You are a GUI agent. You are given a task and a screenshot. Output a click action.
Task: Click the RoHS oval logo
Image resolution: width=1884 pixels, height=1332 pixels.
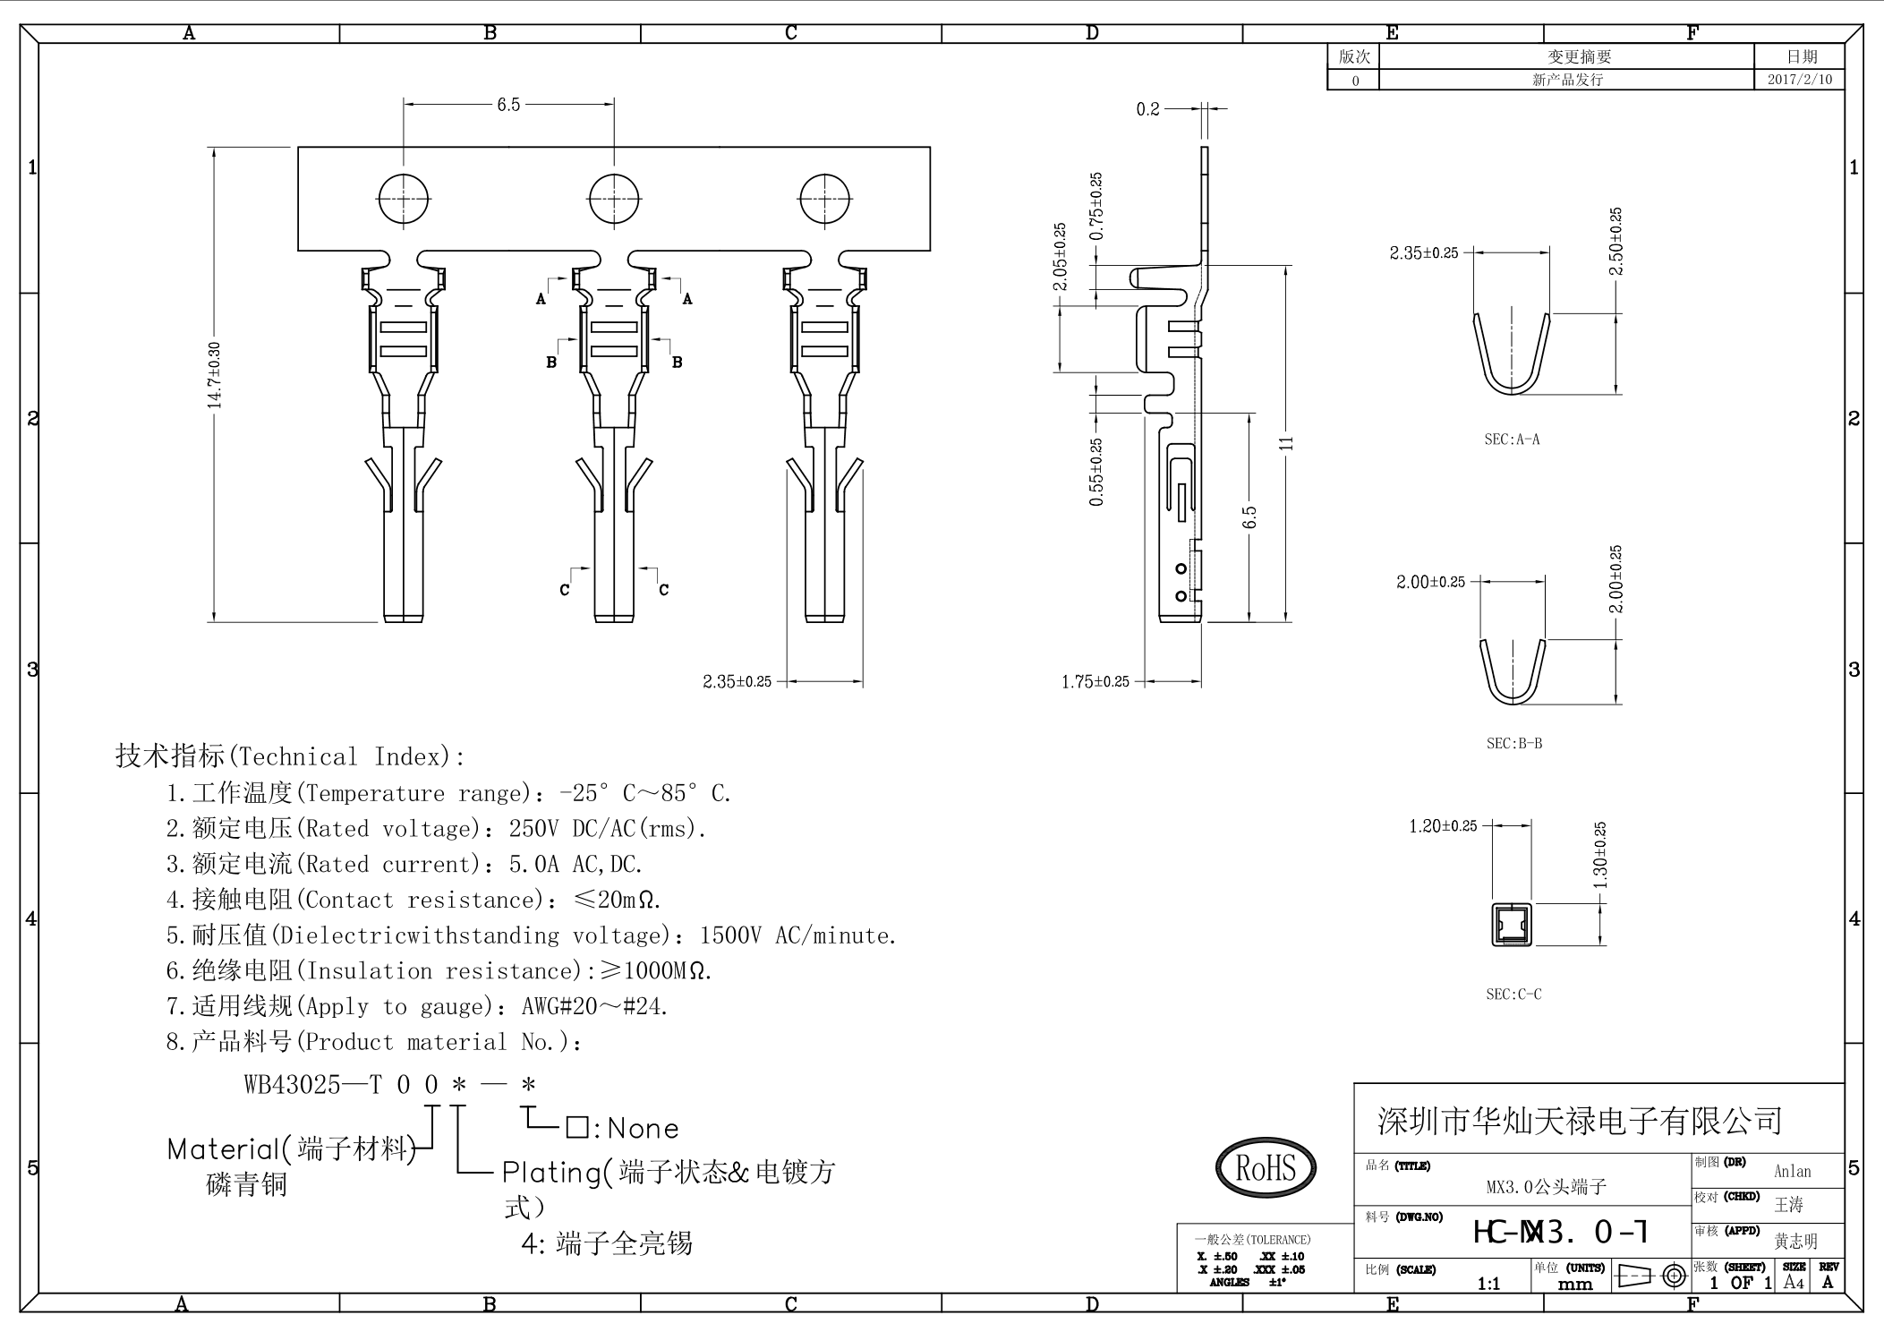tap(1266, 1167)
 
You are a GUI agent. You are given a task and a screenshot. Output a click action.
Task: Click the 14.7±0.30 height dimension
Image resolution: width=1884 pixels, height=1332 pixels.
tap(214, 375)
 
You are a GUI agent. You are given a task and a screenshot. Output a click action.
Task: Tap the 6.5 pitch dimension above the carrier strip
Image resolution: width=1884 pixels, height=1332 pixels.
tap(508, 105)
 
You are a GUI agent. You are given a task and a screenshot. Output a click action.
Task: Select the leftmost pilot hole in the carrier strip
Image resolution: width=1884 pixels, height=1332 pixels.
tap(404, 199)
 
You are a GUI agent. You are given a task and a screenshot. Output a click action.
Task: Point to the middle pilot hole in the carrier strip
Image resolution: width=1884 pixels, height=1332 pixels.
tap(614, 199)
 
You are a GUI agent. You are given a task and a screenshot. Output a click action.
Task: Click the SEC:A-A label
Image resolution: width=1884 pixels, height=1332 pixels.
tap(1512, 440)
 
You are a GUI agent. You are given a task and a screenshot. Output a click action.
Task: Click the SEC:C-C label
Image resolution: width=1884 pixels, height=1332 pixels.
tap(1513, 995)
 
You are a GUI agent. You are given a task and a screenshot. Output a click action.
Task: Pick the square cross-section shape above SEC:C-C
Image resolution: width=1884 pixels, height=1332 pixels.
tap(1512, 925)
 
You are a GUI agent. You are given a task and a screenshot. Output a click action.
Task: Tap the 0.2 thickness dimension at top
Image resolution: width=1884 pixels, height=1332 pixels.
tap(1147, 109)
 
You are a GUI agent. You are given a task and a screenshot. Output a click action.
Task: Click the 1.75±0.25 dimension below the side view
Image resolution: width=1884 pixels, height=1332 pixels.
tap(1095, 682)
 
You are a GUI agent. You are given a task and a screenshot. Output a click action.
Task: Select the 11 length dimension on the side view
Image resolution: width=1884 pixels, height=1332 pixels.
tap(1287, 443)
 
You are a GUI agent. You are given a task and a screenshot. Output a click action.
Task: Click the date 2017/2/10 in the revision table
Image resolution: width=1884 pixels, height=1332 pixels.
tap(1799, 80)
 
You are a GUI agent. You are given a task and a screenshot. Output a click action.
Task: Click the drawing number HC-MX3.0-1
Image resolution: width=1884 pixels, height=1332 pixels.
tap(1560, 1233)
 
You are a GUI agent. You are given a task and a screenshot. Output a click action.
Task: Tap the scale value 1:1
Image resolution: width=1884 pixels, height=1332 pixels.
tap(1488, 1284)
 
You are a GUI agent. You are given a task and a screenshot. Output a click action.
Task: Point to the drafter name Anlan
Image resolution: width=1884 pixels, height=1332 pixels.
tap(1792, 1171)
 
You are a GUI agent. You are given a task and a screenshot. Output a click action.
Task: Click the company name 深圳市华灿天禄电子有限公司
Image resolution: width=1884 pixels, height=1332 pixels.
tap(1580, 1120)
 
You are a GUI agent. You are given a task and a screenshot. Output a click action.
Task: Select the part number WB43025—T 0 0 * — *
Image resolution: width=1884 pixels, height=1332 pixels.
tap(390, 1085)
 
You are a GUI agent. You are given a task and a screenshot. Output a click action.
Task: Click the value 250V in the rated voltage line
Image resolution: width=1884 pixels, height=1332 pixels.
tap(533, 829)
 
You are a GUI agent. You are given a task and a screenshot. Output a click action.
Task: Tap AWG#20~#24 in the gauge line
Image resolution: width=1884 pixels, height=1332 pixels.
tap(594, 1007)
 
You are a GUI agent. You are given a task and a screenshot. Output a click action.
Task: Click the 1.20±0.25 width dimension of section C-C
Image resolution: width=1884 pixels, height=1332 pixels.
tap(1443, 826)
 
